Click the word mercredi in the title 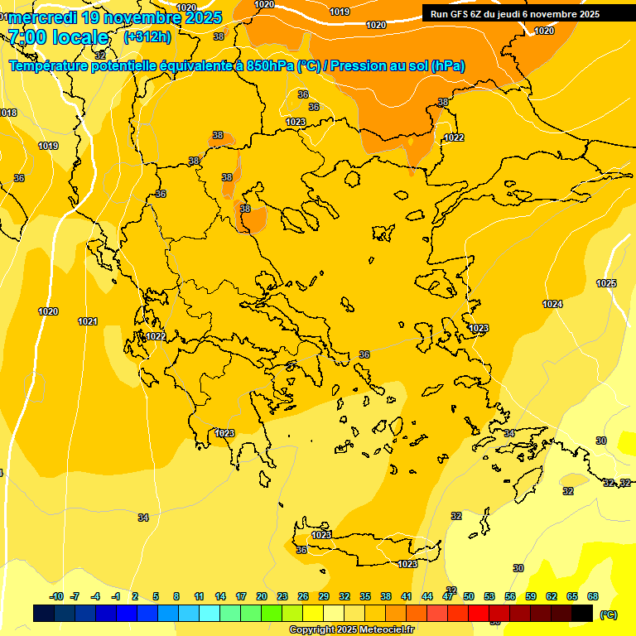tap(42, 17)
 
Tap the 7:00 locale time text tap(58, 37)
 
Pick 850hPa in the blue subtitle tap(270, 66)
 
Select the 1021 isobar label tap(88, 321)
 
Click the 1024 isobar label tap(552, 304)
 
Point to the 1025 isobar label tap(606, 283)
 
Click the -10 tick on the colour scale tap(56, 596)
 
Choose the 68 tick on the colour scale tap(592, 596)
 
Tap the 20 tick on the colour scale tap(262, 596)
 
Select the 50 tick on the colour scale tap(469, 596)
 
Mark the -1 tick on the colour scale tap(116, 596)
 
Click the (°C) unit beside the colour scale tap(608, 614)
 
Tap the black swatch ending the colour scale tap(581, 613)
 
